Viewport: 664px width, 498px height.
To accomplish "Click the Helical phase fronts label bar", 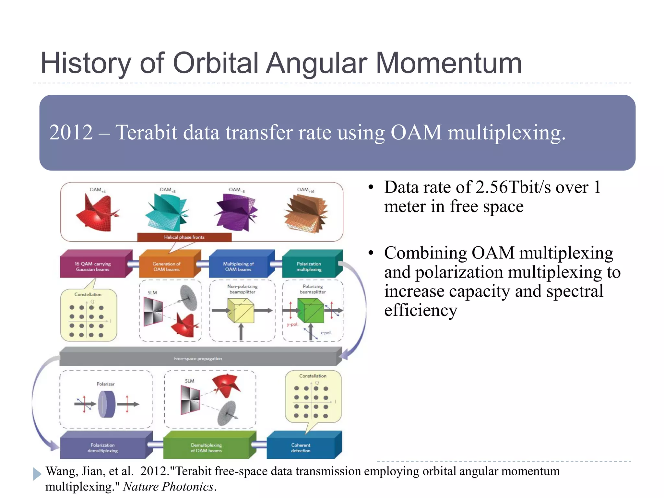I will [x=184, y=237].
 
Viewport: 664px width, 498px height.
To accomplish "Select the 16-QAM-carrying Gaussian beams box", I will [x=93, y=267].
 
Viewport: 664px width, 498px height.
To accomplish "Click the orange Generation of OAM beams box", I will [x=166, y=267].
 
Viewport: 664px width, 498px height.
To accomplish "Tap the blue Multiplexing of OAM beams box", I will [x=238, y=267].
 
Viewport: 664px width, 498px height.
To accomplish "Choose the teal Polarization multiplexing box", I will [x=309, y=267].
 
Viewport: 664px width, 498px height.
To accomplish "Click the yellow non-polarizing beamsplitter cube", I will [x=241, y=311].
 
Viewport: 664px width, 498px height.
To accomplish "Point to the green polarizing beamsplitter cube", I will [x=311, y=311].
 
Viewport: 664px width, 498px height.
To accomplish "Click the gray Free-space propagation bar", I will [x=198, y=358].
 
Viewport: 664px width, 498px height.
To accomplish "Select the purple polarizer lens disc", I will [x=107, y=404].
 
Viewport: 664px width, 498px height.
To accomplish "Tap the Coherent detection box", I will [x=301, y=448].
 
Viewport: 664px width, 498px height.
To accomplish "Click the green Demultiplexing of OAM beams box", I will [x=206, y=448].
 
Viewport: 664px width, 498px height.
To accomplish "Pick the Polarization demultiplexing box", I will [x=102, y=448].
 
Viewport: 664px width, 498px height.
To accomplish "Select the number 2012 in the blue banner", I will [x=71, y=133].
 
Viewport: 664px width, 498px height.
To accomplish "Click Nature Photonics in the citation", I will [x=168, y=487].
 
